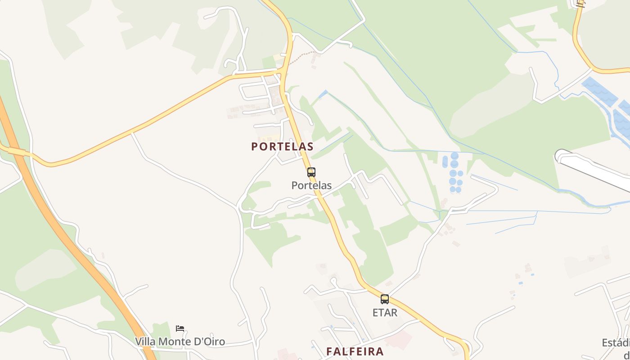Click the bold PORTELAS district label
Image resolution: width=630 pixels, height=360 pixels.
[x=282, y=147]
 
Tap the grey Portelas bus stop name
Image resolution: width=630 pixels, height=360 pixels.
[x=311, y=185]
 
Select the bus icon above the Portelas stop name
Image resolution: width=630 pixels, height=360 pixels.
[x=311, y=172]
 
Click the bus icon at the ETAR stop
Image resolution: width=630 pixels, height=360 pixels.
[x=384, y=299]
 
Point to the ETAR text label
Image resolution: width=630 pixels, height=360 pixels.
[x=385, y=312]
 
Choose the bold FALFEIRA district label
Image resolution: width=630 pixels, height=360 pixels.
[x=355, y=351]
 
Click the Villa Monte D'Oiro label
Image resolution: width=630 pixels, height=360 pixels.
[x=180, y=342]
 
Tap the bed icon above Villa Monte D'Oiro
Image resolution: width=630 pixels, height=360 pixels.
[x=180, y=328]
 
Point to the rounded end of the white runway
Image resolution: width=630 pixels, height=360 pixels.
[x=560, y=156]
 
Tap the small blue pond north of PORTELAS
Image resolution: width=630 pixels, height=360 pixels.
[x=322, y=94]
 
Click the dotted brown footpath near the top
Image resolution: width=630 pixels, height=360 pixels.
[x=304, y=56]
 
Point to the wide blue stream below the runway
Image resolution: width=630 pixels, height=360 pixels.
[x=585, y=201]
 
